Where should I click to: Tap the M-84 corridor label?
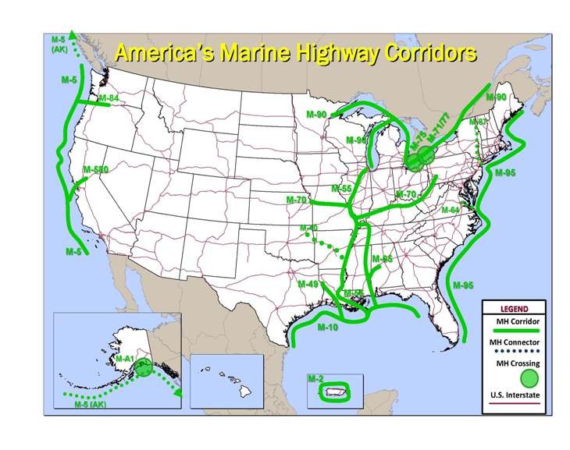coord(109,98)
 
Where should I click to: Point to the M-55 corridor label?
coord(341,189)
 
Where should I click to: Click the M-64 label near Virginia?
coord(451,210)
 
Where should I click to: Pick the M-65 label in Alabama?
coord(382,258)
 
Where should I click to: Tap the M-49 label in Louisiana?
coord(308,285)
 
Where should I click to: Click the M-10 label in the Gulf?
coord(328,328)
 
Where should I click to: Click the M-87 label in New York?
coord(478,122)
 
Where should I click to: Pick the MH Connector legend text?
coord(513,342)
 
